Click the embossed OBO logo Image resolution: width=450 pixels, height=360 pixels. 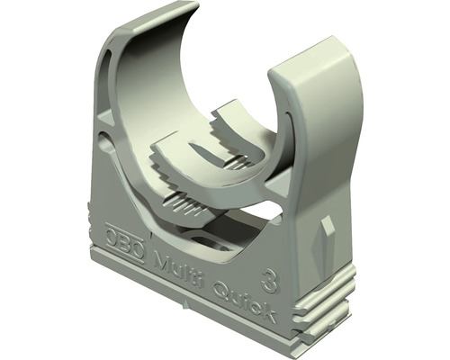pyautogui.click(x=124, y=244)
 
